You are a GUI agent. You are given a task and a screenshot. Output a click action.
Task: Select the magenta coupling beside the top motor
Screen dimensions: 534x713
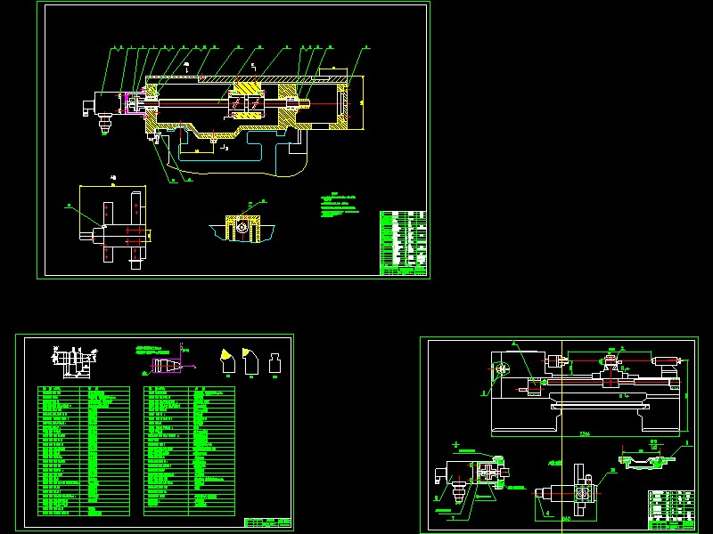click(x=130, y=104)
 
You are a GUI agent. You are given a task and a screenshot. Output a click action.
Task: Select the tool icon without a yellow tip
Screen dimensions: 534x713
click(x=275, y=361)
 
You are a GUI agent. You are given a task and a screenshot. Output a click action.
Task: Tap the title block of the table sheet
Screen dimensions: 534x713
click(x=267, y=522)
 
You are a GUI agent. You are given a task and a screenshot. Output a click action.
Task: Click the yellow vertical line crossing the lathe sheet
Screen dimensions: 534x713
click(x=564, y=427)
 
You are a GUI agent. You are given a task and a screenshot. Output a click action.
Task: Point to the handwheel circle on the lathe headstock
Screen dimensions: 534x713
click(x=502, y=368)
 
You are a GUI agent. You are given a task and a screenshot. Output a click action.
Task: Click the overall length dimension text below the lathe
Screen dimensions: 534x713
click(x=586, y=433)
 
